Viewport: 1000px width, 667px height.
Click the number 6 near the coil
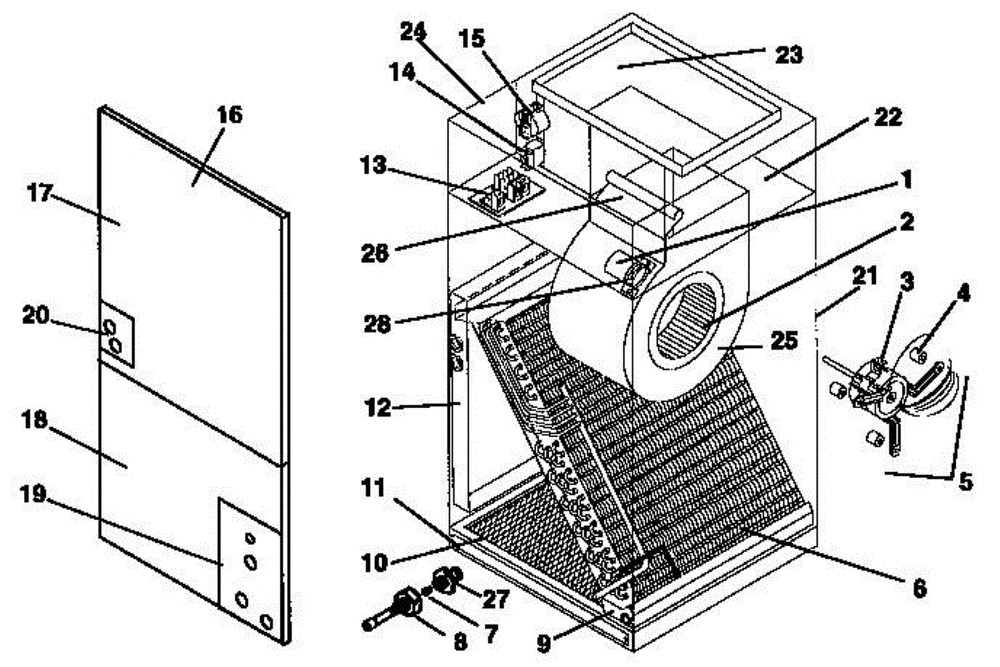917,587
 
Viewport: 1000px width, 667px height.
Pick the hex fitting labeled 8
407,604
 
